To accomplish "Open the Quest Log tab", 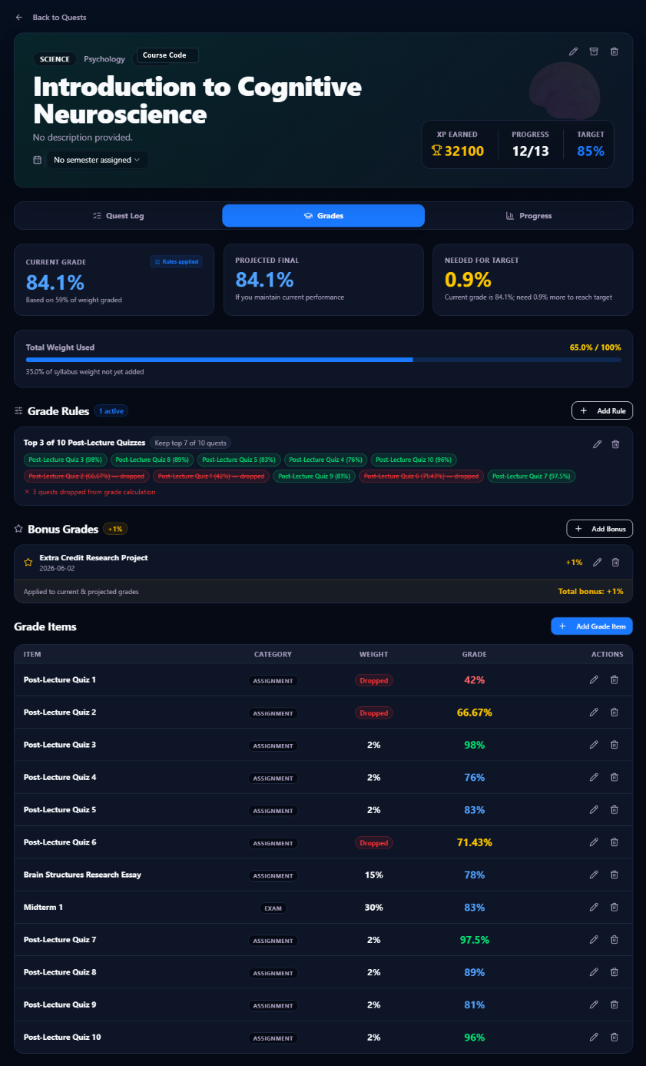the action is [118, 216].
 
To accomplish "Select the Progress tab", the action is [528, 216].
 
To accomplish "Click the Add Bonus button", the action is [599, 529].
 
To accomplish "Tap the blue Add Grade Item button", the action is [591, 626].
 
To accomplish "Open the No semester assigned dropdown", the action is [97, 160].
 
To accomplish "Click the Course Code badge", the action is [164, 55].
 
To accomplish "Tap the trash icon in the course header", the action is [615, 51].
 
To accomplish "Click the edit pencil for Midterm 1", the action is [594, 907].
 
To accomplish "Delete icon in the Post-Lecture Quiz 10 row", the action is [615, 1037].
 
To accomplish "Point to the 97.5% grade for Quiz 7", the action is [474, 940].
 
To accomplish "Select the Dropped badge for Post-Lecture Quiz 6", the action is [374, 843].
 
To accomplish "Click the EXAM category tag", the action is [273, 908].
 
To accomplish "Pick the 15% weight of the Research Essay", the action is [374, 875].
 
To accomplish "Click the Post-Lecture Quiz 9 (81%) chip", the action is [314, 476].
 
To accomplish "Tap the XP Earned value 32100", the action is [464, 151].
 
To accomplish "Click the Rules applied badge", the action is [177, 262].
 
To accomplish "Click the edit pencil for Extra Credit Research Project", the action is [598, 563].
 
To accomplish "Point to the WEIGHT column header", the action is [373, 654].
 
